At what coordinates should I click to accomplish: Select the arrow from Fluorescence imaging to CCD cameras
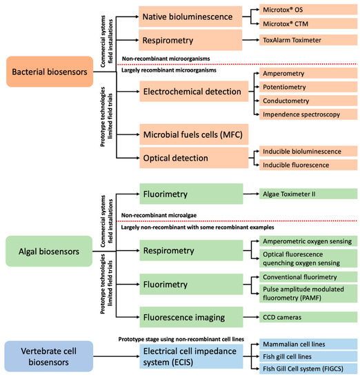(250, 317)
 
